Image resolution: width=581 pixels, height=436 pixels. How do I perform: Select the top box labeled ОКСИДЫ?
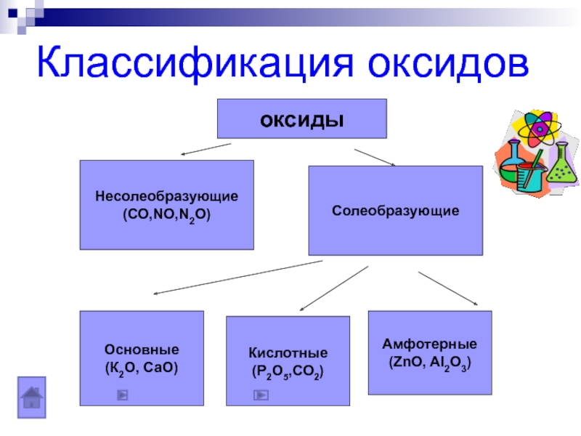click(302, 118)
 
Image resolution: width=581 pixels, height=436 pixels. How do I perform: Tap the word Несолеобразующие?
click(166, 197)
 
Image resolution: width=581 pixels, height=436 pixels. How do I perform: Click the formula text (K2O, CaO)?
click(141, 368)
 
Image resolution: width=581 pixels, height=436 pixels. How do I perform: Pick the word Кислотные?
click(288, 352)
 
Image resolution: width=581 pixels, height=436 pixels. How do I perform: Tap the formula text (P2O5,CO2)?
click(288, 371)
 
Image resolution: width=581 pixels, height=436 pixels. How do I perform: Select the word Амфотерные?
click(430, 343)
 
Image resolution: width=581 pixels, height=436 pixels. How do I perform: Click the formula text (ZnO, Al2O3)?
click(430, 362)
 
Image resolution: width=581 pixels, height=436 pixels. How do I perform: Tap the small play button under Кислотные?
click(261, 396)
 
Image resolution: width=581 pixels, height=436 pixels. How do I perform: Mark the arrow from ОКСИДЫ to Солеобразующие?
click(375, 158)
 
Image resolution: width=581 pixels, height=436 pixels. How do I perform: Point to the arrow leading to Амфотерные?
click(448, 289)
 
